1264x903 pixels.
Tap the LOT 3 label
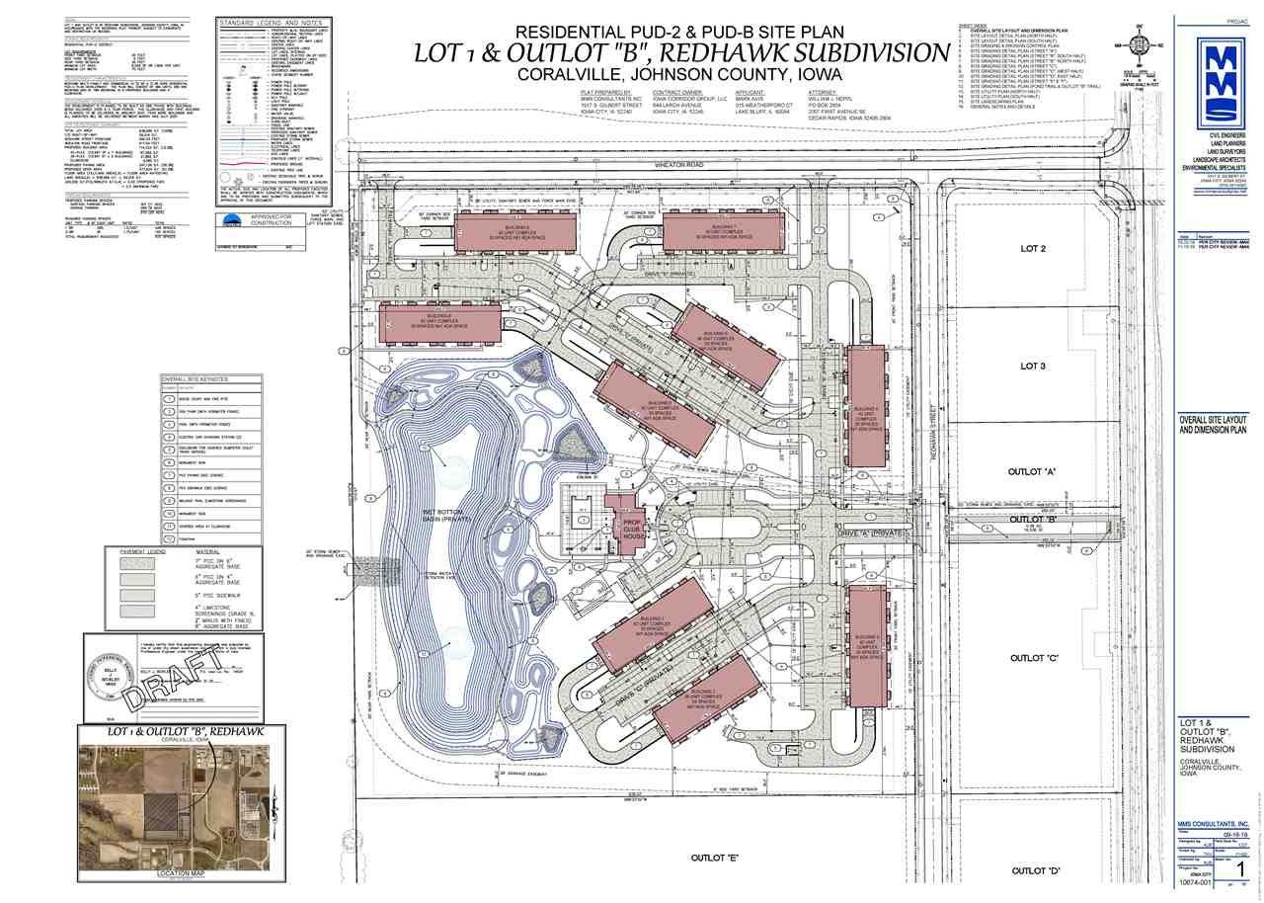tap(1031, 366)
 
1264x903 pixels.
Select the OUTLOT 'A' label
tap(1033, 472)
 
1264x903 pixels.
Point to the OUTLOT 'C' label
tap(1033, 658)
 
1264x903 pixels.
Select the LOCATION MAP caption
tap(181, 873)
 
